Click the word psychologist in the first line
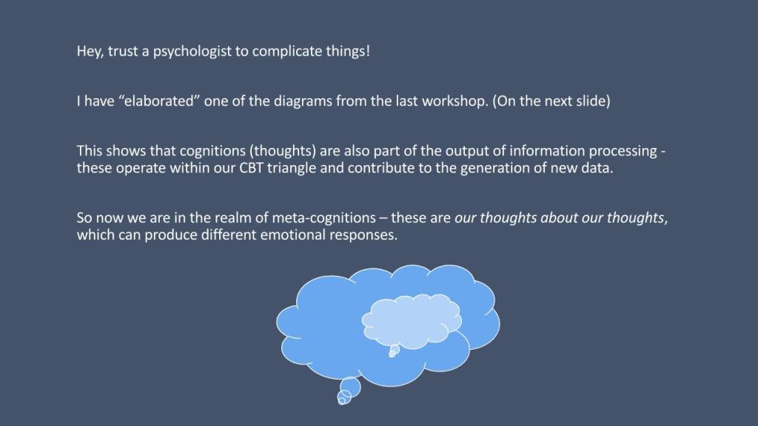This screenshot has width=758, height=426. pos(192,52)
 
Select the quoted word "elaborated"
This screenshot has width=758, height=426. pos(159,101)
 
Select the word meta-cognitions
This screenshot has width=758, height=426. pos(324,218)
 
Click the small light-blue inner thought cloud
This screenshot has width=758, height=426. pos(412,321)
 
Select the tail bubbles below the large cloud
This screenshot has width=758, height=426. pos(349,391)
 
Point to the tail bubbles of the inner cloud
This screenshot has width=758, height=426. pos(394,351)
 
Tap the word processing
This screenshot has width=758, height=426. pos(623,151)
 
